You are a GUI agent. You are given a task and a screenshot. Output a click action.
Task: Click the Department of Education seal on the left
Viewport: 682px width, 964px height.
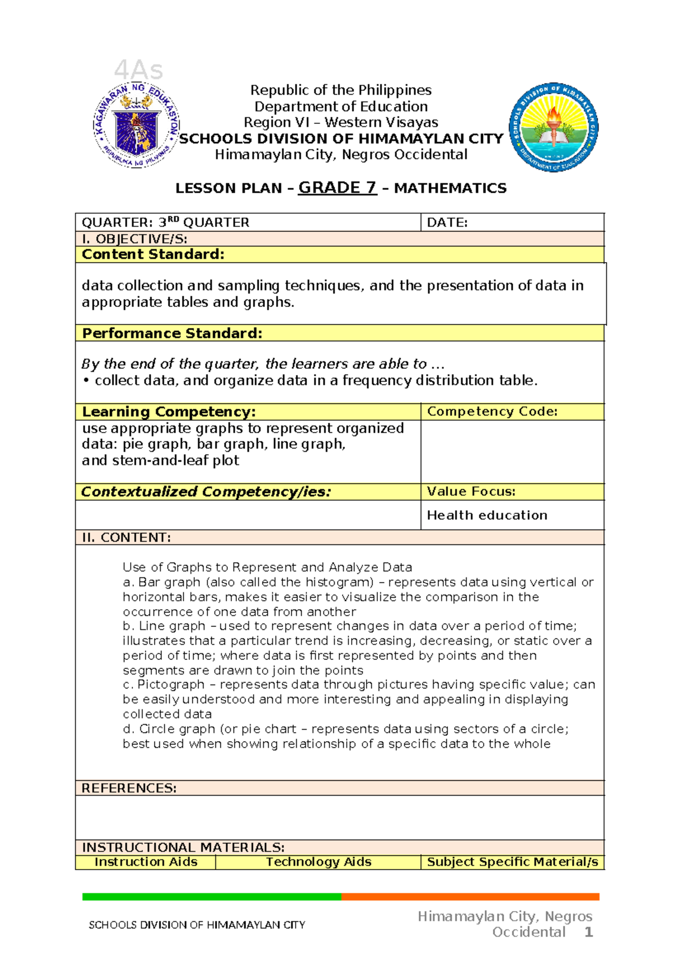point(136,126)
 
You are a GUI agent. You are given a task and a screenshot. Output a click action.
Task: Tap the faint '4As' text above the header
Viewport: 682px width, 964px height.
point(139,71)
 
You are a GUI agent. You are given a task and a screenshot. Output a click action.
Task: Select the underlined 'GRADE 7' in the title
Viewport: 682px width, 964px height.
point(338,188)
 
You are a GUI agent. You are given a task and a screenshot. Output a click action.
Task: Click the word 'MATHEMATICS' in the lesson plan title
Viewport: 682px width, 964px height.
point(450,188)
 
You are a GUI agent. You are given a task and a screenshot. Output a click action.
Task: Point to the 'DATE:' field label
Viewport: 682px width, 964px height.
point(447,223)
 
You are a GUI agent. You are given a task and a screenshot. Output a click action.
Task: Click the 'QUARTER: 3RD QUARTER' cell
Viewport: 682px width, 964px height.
point(165,223)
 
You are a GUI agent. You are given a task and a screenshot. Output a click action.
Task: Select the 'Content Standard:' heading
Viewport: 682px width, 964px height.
point(153,255)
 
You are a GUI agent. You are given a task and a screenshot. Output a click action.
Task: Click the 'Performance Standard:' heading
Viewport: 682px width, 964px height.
point(172,333)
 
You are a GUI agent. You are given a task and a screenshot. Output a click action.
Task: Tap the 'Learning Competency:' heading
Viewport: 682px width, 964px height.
point(169,412)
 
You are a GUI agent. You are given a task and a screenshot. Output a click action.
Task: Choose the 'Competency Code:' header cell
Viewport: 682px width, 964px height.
point(492,412)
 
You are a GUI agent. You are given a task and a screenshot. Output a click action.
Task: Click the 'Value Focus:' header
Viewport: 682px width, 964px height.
point(471,492)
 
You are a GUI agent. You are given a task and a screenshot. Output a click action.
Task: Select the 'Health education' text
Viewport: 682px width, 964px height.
point(487,515)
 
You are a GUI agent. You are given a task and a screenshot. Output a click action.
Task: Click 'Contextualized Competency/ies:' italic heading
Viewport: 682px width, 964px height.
point(206,492)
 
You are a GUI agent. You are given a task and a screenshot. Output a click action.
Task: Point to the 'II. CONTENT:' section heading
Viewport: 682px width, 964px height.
point(126,538)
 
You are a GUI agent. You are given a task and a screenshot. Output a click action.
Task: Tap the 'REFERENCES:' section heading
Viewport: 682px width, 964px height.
point(129,788)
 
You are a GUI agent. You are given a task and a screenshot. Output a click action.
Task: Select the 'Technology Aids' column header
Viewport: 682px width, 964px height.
point(318,862)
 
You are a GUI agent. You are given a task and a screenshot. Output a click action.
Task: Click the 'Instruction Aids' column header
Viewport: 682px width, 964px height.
point(146,862)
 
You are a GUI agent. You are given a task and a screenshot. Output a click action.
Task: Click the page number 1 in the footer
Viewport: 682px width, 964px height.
point(589,932)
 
